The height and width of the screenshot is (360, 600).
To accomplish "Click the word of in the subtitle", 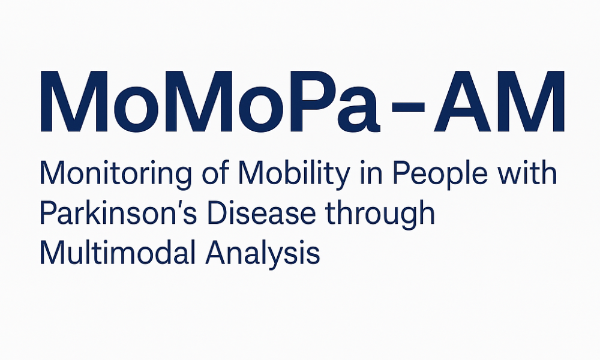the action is (215, 173).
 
